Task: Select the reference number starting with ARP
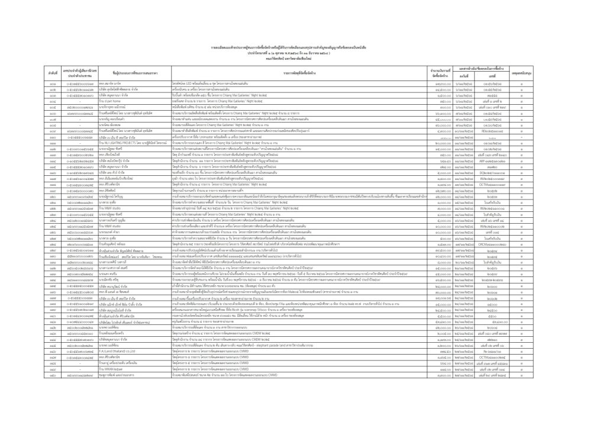[x=491, y=160]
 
